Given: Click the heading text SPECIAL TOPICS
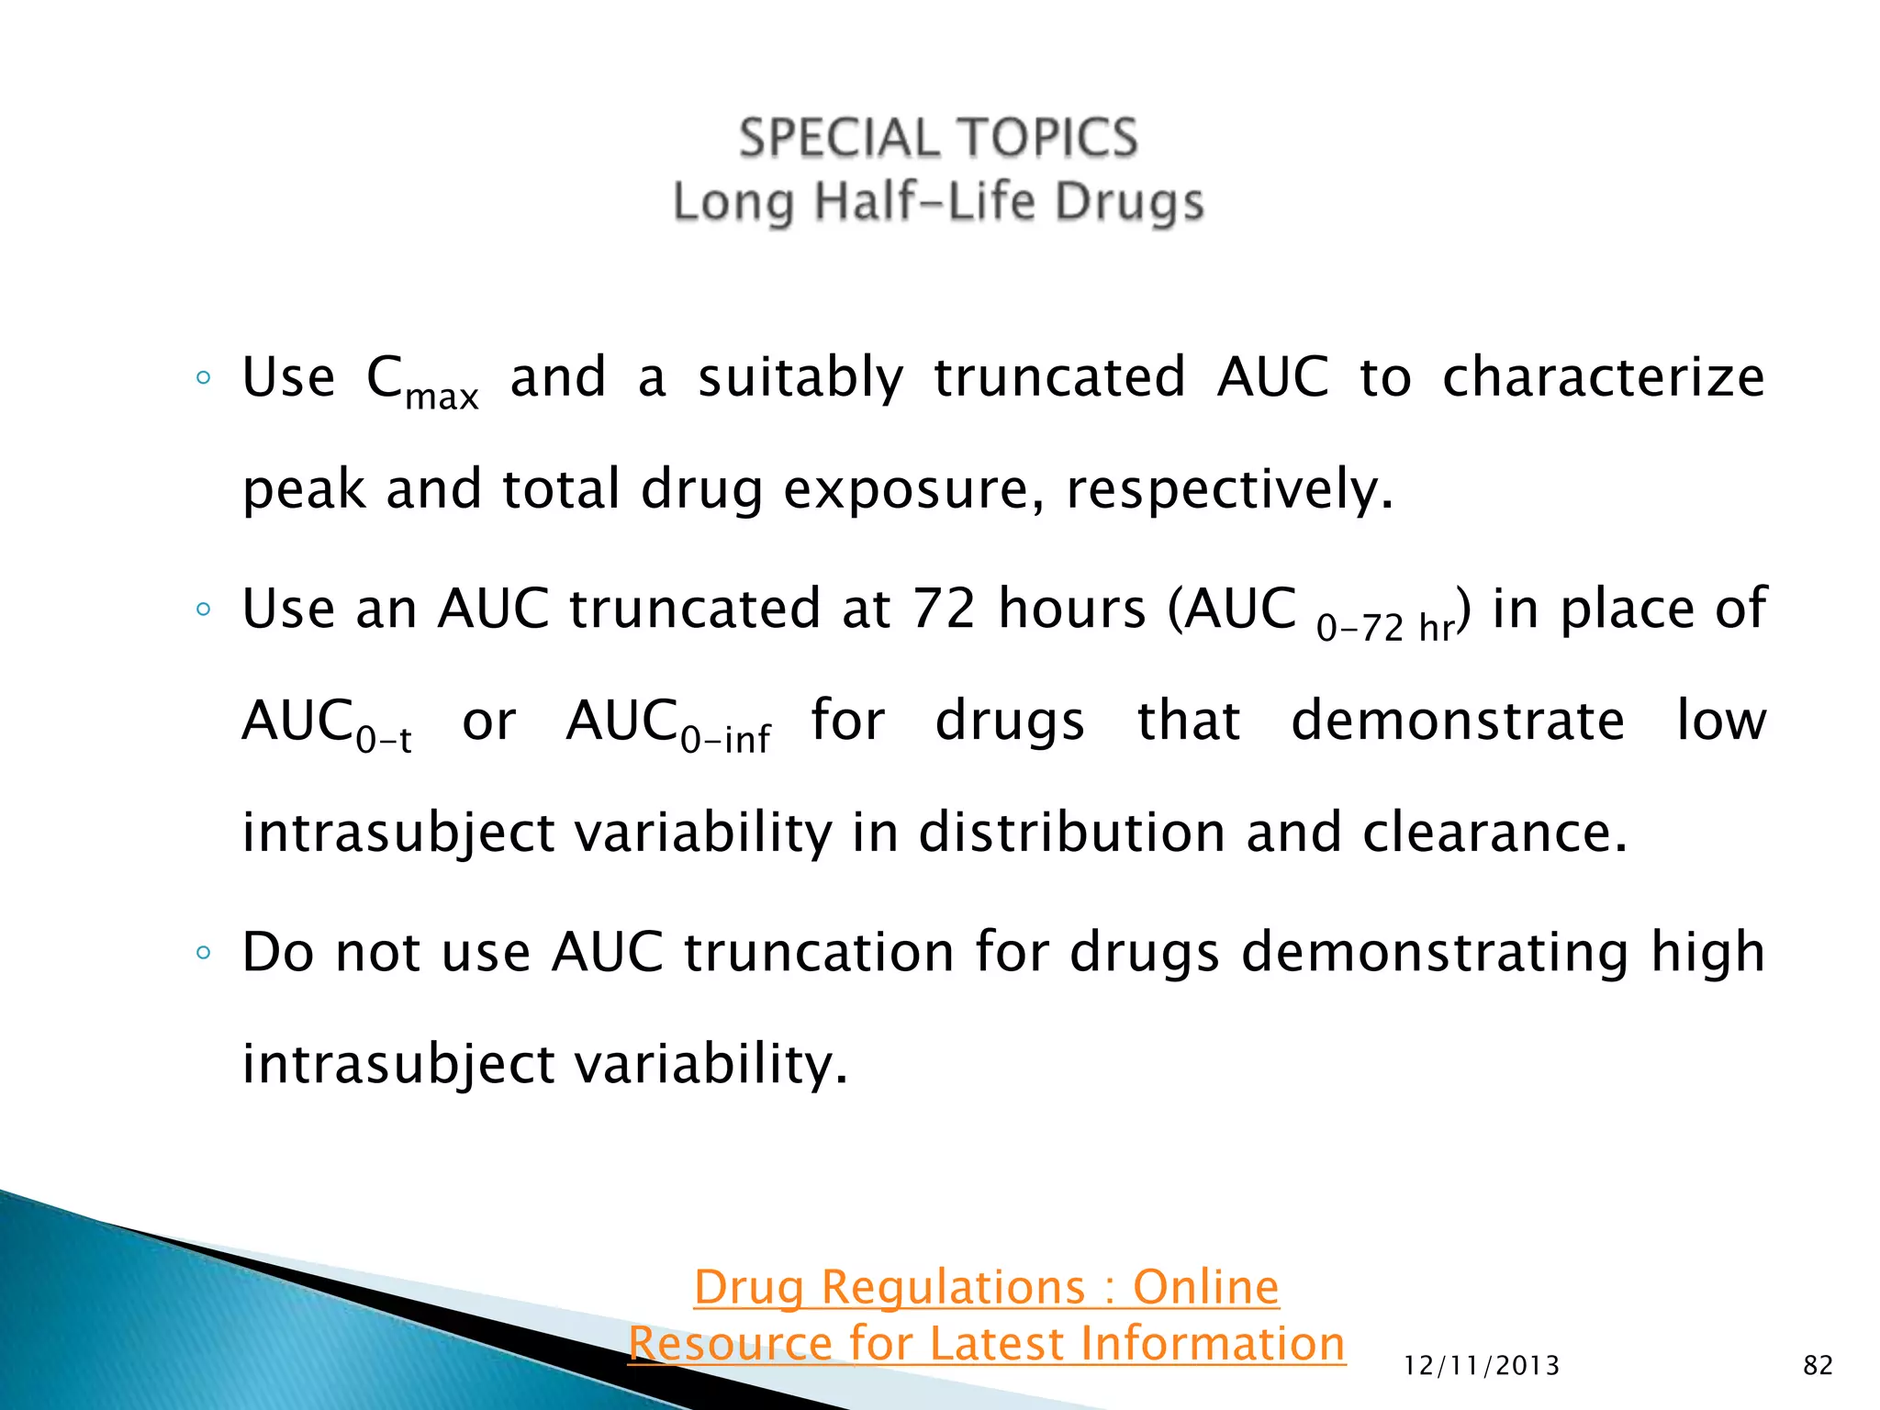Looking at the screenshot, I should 938,140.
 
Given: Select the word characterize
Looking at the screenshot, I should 1603,378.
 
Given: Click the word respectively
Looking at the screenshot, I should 1228,489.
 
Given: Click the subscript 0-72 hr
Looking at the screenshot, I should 1384,629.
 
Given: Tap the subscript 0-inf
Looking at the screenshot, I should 725,739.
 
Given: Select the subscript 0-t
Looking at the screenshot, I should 384,739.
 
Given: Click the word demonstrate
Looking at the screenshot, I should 1458,721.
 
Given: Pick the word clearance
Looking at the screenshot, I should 1494,834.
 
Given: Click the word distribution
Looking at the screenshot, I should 1071,834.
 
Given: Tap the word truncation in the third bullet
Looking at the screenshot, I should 819,952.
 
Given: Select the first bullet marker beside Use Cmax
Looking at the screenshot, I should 204,378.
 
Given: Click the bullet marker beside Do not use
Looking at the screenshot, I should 204,953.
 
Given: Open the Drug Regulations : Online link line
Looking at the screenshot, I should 986,1287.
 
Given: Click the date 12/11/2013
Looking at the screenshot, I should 1482,1366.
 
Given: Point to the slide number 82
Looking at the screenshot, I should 1818,1366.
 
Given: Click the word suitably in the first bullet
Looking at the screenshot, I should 800,378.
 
